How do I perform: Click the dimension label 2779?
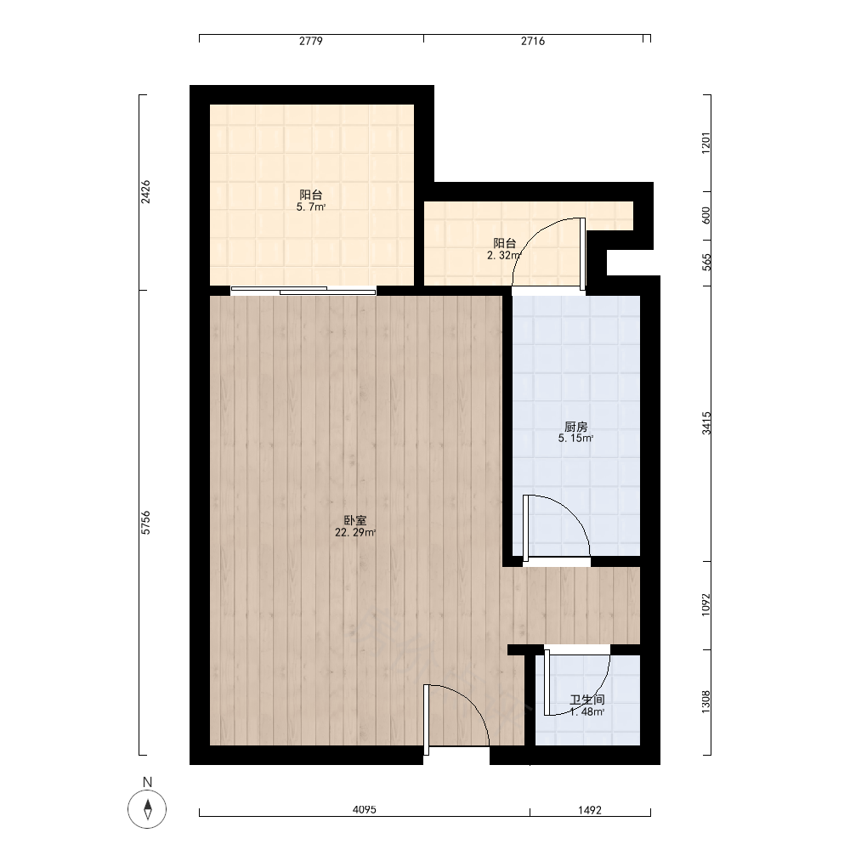pyautogui.click(x=310, y=41)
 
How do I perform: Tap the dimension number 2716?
pyautogui.click(x=533, y=41)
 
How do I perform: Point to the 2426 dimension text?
pyautogui.click(x=146, y=192)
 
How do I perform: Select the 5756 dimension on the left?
pyautogui.click(x=146, y=523)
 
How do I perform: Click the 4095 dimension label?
pyautogui.click(x=365, y=810)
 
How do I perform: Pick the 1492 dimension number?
pyautogui.click(x=590, y=810)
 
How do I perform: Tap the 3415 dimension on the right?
pyautogui.click(x=706, y=422)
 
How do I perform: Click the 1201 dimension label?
pyautogui.click(x=705, y=143)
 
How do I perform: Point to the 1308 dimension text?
pyautogui.click(x=705, y=701)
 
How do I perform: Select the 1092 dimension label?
pyautogui.click(x=705, y=604)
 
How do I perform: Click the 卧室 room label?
pyautogui.click(x=355, y=520)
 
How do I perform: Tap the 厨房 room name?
pyautogui.click(x=575, y=428)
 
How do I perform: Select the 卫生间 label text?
pyautogui.click(x=587, y=700)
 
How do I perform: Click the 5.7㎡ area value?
pyautogui.click(x=311, y=207)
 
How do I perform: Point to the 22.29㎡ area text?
pyautogui.click(x=355, y=533)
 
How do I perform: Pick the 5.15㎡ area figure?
pyautogui.click(x=575, y=439)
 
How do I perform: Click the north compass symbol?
pyautogui.click(x=147, y=809)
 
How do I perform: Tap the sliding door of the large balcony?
pyautogui.click(x=303, y=291)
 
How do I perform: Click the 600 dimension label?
pyautogui.click(x=705, y=215)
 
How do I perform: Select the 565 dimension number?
pyautogui.click(x=705, y=263)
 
